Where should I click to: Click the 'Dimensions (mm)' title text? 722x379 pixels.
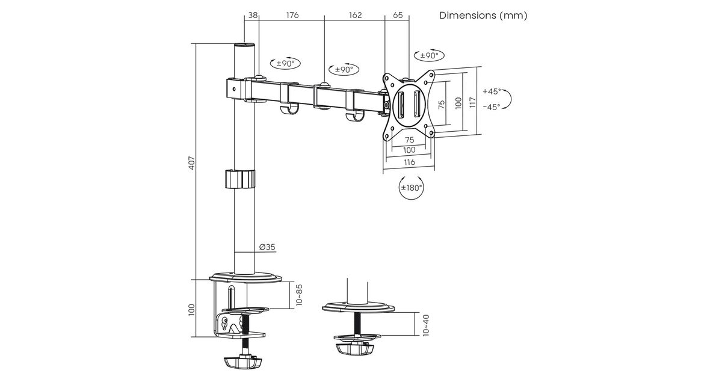point(483,16)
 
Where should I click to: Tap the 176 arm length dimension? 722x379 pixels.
point(292,15)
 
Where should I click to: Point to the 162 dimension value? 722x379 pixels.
point(355,15)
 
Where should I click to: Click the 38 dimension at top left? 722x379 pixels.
point(251,15)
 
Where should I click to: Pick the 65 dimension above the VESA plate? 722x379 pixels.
point(397,15)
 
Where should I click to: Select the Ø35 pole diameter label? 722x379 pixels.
point(268,247)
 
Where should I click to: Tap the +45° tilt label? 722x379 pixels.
point(491,92)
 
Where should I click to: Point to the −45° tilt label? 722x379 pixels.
point(491,107)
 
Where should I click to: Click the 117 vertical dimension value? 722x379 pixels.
point(473,102)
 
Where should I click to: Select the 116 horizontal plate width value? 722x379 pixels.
point(409,162)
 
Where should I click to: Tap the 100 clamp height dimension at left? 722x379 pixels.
point(191,309)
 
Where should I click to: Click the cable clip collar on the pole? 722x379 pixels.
point(239,179)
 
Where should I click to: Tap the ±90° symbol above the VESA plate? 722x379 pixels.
point(427,55)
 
